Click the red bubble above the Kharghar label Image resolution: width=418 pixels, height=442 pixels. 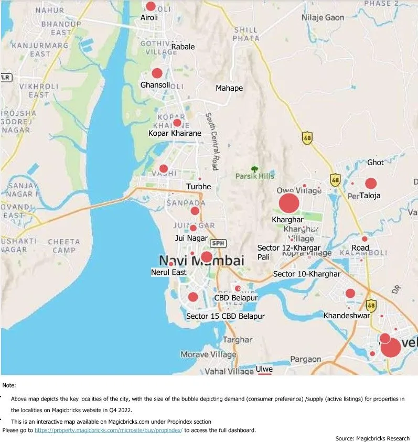288,204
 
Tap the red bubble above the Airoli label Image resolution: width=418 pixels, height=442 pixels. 151,6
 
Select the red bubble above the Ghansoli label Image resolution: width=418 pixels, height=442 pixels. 157,73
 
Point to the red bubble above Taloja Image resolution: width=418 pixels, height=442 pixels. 371,184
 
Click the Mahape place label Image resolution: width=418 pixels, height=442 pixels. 229,88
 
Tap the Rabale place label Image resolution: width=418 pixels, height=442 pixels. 183,47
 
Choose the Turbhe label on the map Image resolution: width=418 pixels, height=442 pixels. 199,187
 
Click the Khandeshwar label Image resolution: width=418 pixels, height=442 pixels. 347,316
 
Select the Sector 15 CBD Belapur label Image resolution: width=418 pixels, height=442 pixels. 226,316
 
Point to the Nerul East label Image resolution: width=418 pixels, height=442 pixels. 169,273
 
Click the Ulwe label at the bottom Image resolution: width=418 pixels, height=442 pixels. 264,369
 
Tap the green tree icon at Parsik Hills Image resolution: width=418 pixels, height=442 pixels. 254,169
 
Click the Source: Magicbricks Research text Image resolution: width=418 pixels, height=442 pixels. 372,438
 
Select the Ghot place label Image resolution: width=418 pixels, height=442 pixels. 376,163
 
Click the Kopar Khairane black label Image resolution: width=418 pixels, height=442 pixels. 175,133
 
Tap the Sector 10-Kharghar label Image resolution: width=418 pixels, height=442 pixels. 307,274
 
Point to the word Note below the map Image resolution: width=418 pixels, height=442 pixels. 9,385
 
